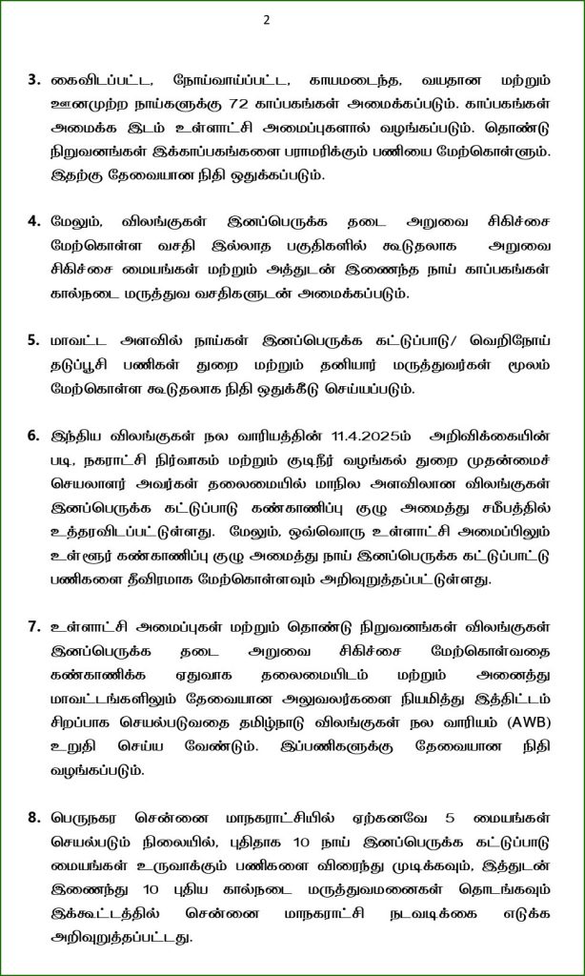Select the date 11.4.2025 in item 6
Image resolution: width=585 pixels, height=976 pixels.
click(x=370, y=437)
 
